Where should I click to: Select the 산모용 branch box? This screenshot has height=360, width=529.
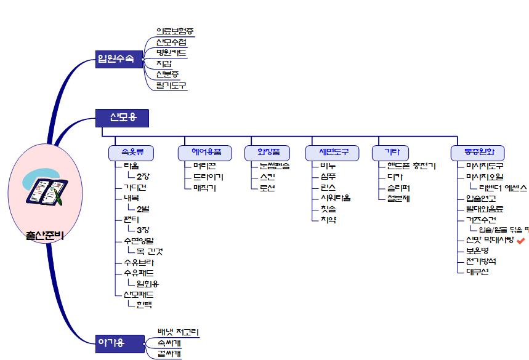[123, 117]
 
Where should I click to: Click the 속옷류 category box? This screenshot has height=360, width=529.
[131, 152]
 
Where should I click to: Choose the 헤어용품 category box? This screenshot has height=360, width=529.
[203, 152]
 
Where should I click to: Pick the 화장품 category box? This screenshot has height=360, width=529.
[267, 152]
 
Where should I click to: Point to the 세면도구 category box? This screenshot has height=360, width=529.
[333, 152]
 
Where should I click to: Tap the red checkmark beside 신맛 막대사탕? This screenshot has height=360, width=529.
[521, 240]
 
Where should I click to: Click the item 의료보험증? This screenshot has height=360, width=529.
[175, 31]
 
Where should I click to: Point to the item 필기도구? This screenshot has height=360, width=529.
[171, 86]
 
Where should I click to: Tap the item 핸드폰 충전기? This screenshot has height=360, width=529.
[411, 166]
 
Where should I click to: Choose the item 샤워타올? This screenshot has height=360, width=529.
[336, 198]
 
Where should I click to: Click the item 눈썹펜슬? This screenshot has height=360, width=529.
[274, 166]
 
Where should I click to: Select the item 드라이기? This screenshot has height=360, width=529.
[208, 177]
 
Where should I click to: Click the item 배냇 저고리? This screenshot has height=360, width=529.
[178, 333]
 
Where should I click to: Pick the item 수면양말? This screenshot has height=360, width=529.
[139, 241]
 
